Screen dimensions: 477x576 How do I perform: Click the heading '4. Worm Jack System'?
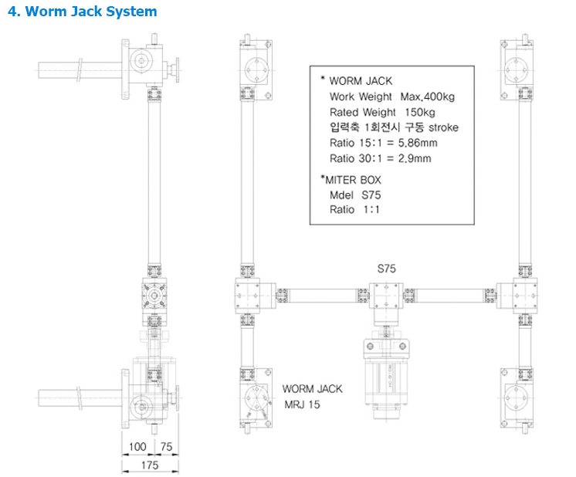click(82, 12)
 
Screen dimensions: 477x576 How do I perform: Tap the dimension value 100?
click(138, 447)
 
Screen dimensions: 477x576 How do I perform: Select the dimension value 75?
click(166, 447)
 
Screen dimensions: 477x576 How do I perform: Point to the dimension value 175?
click(150, 465)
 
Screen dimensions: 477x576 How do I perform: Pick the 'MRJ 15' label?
click(301, 404)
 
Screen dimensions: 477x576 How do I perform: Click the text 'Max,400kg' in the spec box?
click(428, 96)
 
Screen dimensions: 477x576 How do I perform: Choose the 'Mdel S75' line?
click(355, 195)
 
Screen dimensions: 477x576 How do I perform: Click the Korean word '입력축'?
click(344, 127)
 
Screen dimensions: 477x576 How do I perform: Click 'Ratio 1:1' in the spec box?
click(354, 209)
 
